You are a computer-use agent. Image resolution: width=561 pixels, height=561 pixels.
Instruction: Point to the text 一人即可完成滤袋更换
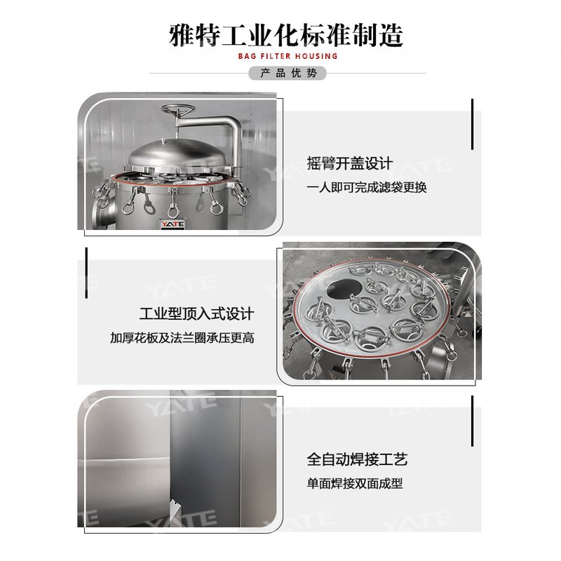click(x=367, y=187)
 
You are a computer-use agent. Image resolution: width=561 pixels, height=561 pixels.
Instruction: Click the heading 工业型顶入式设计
click(x=197, y=313)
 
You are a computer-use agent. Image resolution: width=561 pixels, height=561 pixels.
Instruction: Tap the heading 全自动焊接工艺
click(x=357, y=460)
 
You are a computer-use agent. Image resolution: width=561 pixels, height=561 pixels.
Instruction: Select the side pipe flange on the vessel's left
click(x=96, y=214)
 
